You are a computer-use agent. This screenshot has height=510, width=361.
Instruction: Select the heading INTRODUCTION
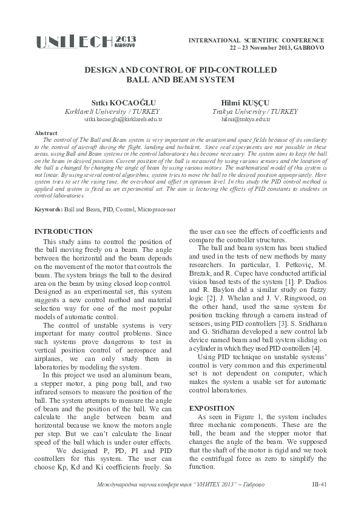click(64, 231)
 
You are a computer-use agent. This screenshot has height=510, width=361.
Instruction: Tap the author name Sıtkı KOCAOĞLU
click(112, 102)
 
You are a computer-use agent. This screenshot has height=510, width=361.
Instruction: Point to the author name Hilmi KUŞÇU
click(246, 102)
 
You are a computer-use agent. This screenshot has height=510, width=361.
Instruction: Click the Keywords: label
click(48, 209)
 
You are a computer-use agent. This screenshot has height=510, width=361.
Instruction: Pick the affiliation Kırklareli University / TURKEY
click(112, 112)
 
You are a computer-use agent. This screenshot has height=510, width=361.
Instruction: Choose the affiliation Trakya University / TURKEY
click(246, 112)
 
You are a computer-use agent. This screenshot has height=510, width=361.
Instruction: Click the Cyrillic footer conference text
click(185, 485)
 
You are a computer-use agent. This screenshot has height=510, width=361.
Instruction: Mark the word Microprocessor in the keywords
click(157, 209)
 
